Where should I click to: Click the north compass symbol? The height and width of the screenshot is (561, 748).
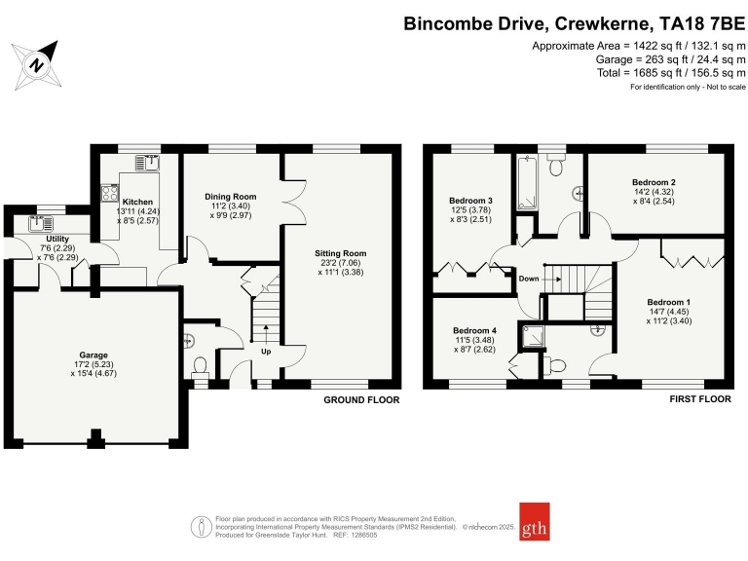[x=37, y=64]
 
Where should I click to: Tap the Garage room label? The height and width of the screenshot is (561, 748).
[x=93, y=355]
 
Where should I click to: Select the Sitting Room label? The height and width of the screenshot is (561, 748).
[x=341, y=253]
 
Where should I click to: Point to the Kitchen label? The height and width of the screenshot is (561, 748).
[x=136, y=202]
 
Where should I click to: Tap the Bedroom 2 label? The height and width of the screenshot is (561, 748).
[x=654, y=182]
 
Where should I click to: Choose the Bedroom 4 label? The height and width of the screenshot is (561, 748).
[x=474, y=330]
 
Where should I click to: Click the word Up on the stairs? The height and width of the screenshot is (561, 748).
[x=264, y=351]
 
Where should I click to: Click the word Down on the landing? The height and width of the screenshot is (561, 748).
[x=530, y=278]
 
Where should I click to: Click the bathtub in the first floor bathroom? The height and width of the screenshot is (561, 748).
[x=527, y=186]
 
